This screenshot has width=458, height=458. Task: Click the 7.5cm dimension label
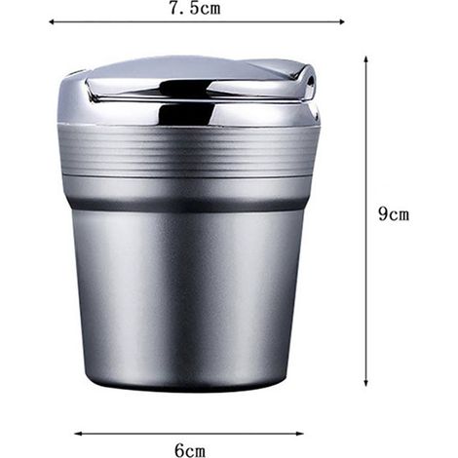[x=195, y=8]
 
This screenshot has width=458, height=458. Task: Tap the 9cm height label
[x=394, y=214]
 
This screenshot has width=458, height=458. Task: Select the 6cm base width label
[x=190, y=450]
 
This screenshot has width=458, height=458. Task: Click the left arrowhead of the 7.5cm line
[x=52, y=21]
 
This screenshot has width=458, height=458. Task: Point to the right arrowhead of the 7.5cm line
[x=342, y=21]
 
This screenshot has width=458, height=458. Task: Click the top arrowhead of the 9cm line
[x=365, y=59]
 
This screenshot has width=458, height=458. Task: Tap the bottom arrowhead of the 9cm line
[x=365, y=383]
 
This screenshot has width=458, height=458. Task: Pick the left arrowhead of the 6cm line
[x=77, y=434]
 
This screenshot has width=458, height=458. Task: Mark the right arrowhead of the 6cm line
[x=301, y=434]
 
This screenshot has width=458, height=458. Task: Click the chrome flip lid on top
[x=190, y=91]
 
